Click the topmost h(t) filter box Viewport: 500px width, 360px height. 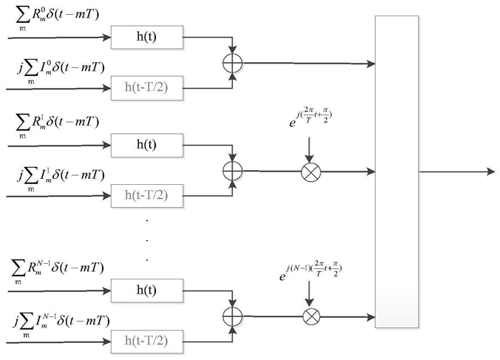click(x=147, y=38)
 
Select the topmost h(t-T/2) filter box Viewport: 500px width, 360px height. click(x=147, y=88)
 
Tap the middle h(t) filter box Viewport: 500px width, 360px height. click(x=147, y=146)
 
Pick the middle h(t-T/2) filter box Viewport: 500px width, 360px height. click(x=147, y=196)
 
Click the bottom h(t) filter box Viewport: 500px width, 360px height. click(x=147, y=291)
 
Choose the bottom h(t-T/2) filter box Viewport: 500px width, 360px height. click(x=147, y=342)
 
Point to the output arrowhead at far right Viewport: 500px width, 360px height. click(x=491, y=171)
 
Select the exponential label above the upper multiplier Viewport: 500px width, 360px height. click(x=310, y=118)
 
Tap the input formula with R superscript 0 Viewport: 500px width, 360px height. click(x=58, y=18)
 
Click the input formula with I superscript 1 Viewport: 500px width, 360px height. click(x=61, y=180)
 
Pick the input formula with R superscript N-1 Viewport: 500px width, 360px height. click(x=58, y=272)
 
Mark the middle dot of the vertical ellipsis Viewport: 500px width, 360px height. click(x=147, y=240)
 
